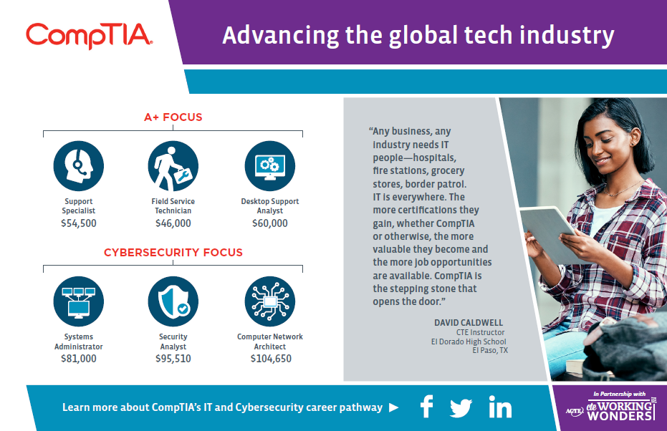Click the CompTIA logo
(x=90, y=36)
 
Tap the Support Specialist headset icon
(x=79, y=166)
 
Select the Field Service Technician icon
(x=173, y=166)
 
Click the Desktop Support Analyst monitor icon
(x=269, y=166)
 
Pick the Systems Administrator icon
(x=79, y=301)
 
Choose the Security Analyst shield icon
(x=173, y=301)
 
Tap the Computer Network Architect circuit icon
(x=269, y=301)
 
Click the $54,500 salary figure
(x=79, y=223)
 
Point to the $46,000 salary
(x=173, y=223)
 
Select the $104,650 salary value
(x=271, y=359)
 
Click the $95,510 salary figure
(x=173, y=359)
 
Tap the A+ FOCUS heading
(x=173, y=117)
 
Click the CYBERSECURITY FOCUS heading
(x=173, y=253)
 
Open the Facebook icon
(x=427, y=407)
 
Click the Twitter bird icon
(x=461, y=407)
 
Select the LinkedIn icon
(x=500, y=407)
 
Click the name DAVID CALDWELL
(x=469, y=323)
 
